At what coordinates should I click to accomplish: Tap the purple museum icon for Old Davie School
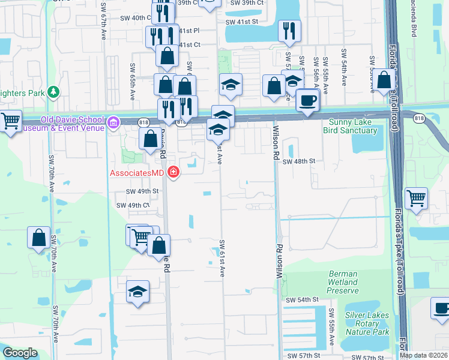click(113, 123)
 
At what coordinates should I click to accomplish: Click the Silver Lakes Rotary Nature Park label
click(367, 323)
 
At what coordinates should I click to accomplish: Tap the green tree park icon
click(54, 92)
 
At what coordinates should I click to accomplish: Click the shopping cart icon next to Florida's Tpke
click(416, 197)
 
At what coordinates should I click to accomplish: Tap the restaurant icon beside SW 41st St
click(289, 31)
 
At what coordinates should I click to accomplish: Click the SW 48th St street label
click(299, 161)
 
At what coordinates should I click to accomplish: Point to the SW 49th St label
click(142, 191)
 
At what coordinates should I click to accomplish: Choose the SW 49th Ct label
click(133, 205)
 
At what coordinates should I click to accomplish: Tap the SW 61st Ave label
click(221, 258)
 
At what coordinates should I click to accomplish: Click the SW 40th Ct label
click(133, 18)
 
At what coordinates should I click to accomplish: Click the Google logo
click(20, 353)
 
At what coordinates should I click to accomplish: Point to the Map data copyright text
click(424, 355)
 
